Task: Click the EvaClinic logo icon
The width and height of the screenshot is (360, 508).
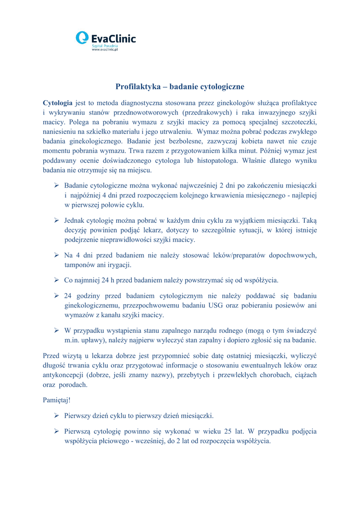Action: click(x=82, y=38)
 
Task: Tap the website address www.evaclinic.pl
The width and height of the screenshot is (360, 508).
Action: click(x=105, y=50)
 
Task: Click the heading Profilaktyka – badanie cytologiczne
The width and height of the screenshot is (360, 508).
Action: click(x=180, y=86)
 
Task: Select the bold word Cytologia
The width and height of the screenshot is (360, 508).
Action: click(x=58, y=103)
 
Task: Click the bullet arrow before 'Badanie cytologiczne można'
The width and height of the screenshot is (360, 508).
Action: click(x=57, y=186)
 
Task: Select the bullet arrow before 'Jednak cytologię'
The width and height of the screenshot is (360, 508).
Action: click(x=57, y=220)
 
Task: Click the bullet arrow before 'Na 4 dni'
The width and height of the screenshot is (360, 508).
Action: click(x=57, y=255)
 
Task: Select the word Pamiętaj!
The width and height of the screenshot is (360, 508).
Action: click(x=58, y=399)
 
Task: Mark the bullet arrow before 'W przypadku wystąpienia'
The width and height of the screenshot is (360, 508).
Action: click(x=57, y=330)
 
